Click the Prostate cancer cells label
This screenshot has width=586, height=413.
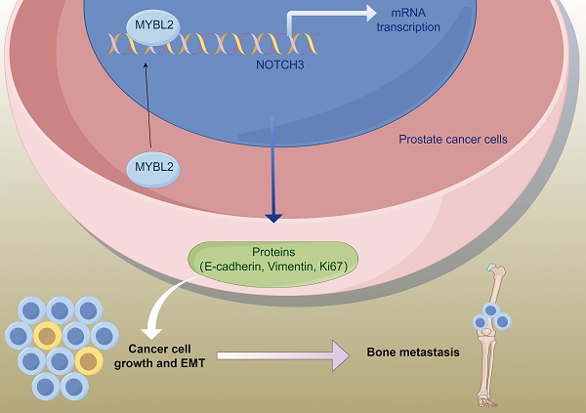pyautogui.click(x=455, y=140)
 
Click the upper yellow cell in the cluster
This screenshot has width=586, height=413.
pyautogui.click(x=47, y=335)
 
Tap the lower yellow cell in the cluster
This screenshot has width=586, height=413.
pyautogui.click(x=89, y=362)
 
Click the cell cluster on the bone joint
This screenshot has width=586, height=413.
pyautogui.click(x=492, y=318)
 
